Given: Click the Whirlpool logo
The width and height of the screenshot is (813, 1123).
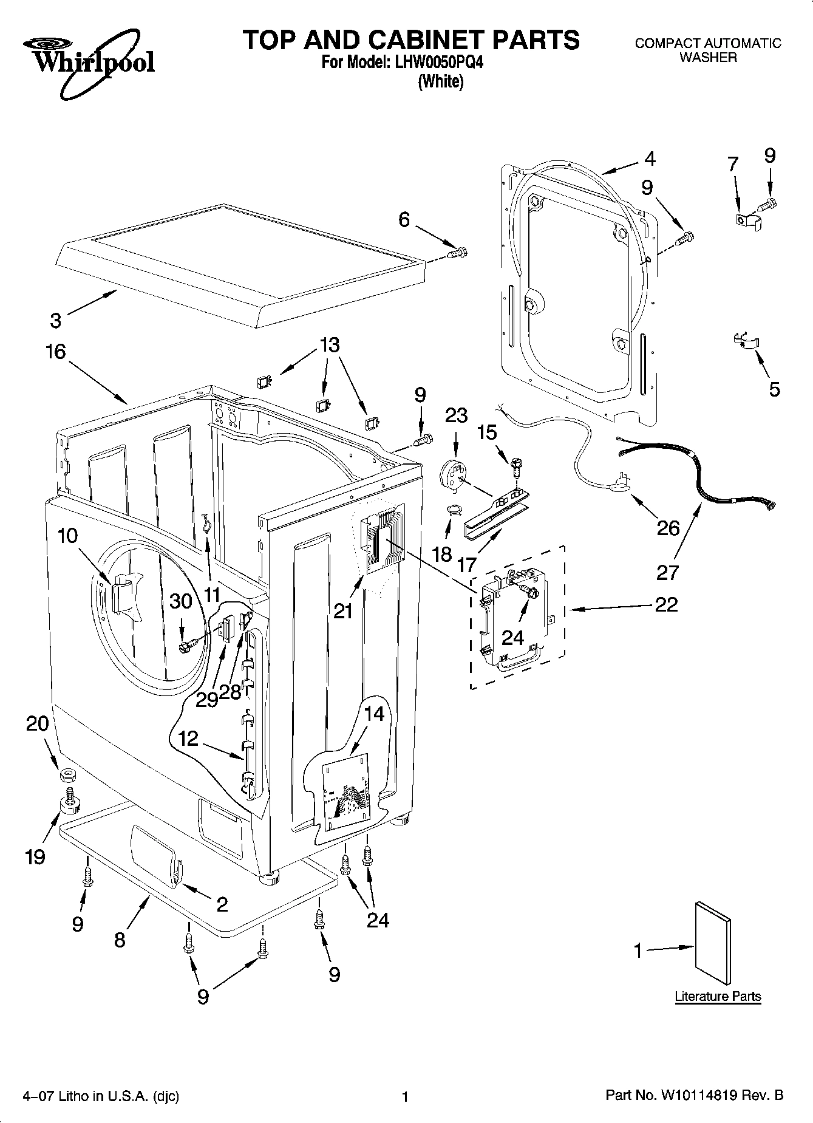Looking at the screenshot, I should point(89,64).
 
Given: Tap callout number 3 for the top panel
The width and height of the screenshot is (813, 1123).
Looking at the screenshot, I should point(55,320).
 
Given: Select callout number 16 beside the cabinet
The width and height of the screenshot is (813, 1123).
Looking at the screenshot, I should point(55,352).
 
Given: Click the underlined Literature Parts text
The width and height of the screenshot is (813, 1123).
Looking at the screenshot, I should point(718,996).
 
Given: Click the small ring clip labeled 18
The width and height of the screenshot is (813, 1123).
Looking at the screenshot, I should point(452,510).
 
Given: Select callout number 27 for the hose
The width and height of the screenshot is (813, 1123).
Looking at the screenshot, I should point(668,572).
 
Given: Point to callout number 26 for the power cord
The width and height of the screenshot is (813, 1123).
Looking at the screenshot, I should point(668,528).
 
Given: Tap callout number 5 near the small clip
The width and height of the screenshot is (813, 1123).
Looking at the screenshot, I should point(774,389).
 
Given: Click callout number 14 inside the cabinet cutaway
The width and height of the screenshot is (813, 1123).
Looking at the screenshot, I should point(374,713).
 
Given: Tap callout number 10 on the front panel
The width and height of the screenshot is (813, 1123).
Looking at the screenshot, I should point(68,536).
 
